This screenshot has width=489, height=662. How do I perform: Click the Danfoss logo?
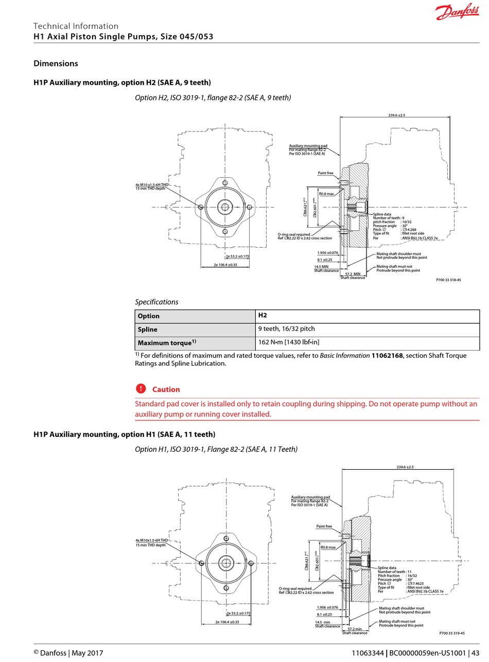pyautogui.click(x=457, y=12)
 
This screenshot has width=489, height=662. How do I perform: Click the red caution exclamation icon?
pyautogui.click(x=141, y=389)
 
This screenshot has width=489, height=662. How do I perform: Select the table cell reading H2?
pyautogui.click(x=263, y=315)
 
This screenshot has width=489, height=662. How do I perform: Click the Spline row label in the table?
pyautogui.click(x=148, y=329)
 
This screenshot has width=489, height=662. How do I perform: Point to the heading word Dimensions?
pyautogui.click(x=56, y=63)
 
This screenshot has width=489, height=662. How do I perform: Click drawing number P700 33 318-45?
pyautogui.click(x=448, y=280)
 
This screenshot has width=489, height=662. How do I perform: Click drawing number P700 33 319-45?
pyautogui.click(x=452, y=633)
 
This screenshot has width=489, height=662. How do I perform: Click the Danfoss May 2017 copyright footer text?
pyautogui.click(x=68, y=653)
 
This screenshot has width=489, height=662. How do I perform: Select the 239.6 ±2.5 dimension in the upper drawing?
pyautogui.click(x=397, y=115)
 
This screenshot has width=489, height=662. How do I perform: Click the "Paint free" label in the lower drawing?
pyautogui.click(x=324, y=526)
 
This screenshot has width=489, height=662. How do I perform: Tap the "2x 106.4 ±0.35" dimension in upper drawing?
pyautogui.click(x=225, y=265)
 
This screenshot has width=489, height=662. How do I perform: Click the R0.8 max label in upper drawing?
pyautogui.click(x=326, y=194)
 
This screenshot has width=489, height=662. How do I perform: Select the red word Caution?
pyautogui.click(x=166, y=390)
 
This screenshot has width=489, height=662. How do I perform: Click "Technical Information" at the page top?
pyautogui.click(x=76, y=26)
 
